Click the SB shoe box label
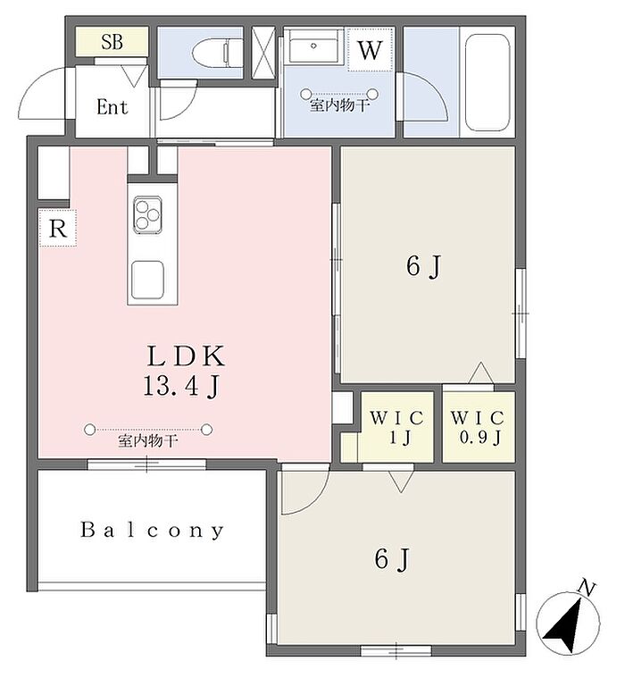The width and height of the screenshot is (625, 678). (x=112, y=42)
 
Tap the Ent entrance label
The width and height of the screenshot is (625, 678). (x=112, y=107)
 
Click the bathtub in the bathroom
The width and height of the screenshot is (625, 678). (x=487, y=82)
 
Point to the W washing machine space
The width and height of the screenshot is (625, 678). (x=371, y=50)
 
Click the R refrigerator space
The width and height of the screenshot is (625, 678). (x=58, y=228)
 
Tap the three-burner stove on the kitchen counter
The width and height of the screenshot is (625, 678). (x=148, y=215)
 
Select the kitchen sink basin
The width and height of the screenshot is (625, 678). (x=147, y=280)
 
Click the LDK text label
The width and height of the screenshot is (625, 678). (x=187, y=356)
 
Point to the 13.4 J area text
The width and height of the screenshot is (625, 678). (x=181, y=386)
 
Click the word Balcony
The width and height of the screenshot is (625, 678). (x=152, y=530)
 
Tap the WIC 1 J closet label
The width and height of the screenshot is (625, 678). (x=396, y=427)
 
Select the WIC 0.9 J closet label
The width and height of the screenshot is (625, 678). (x=478, y=427)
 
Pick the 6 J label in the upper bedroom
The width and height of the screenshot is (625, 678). (x=423, y=266)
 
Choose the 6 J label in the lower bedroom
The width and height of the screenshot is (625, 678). (x=392, y=559)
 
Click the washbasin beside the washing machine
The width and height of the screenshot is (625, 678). (x=314, y=46)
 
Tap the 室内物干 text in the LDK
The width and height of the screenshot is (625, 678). (x=148, y=441)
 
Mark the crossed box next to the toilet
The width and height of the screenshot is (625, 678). (x=263, y=53)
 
